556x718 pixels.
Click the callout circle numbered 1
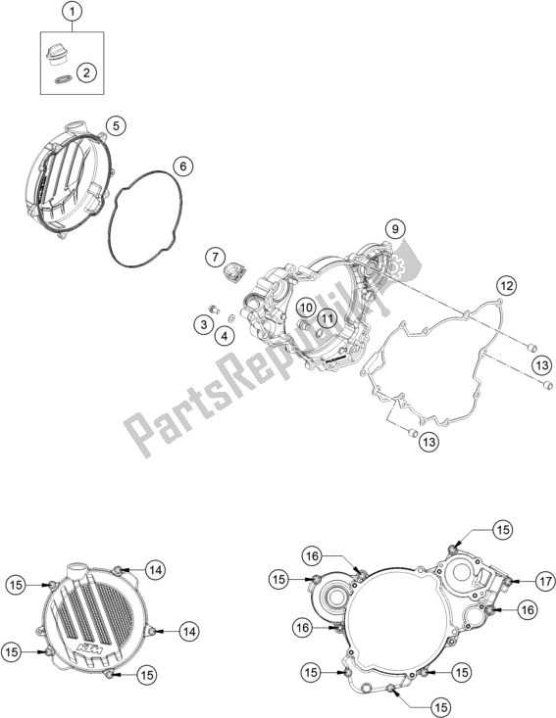coord(72,13)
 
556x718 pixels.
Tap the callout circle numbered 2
coord(86,72)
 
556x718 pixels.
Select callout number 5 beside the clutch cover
coord(116,125)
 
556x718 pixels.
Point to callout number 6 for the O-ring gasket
coord(183,167)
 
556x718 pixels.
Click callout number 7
coord(215,257)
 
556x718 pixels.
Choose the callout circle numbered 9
coord(395,227)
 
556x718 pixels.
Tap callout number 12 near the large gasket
coord(507,286)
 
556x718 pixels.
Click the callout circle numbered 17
coord(545,582)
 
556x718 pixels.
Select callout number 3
coord(204,324)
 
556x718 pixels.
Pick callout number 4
coord(225,337)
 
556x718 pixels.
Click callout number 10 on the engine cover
coord(307,307)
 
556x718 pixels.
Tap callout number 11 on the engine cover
coord(327,317)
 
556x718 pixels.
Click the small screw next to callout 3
coord(213,309)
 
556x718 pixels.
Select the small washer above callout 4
coord(231,317)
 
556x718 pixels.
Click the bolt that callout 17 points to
coord(508,582)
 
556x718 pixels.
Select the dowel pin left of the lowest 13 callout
coord(411,432)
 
